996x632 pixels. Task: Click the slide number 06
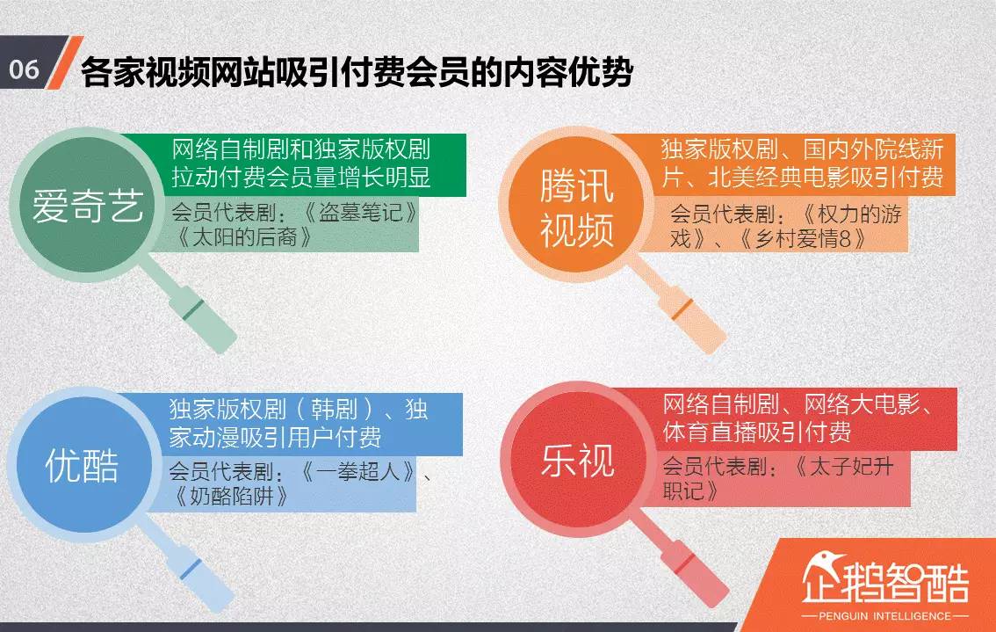[x=24, y=69]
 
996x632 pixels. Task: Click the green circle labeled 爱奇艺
[x=87, y=206]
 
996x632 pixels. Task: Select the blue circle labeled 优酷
[x=82, y=466]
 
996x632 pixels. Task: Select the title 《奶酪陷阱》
[x=232, y=496]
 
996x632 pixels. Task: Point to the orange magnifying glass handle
[x=690, y=313]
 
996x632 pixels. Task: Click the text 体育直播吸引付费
[x=757, y=432]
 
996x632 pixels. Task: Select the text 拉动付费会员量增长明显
[x=301, y=177]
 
